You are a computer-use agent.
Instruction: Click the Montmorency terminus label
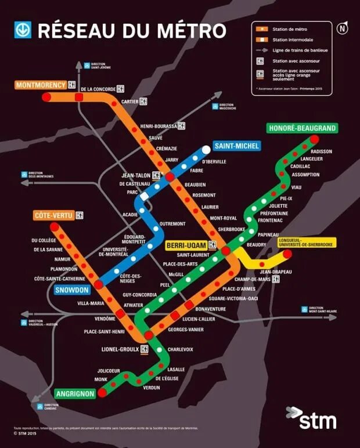(41, 85)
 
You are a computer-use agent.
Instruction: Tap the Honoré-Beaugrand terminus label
(302, 128)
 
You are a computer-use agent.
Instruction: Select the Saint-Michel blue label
(236, 146)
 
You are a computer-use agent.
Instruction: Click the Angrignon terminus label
(75, 394)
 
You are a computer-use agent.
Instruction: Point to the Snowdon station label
(73, 290)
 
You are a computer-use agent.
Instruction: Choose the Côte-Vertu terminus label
(53, 216)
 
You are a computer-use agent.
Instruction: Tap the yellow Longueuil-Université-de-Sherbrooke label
(305, 243)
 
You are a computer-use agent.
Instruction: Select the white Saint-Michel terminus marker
(206, 150)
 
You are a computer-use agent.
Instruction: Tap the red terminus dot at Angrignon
(102, 392)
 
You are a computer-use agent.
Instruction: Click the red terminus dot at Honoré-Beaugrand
(314, 139)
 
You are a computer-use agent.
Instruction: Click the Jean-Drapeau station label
(276, 272)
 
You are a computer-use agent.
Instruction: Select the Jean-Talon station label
(135, 175)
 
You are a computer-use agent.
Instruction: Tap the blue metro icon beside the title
(23, 30)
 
